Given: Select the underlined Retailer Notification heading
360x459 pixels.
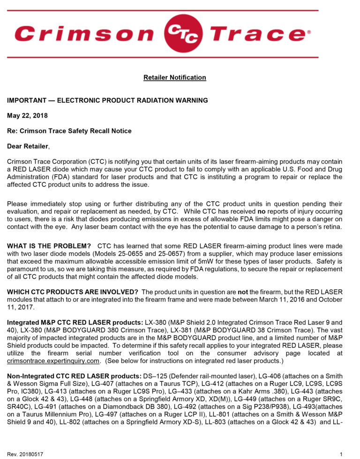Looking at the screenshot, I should (174, 77).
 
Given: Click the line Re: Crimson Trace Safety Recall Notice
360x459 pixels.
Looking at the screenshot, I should (69, 131).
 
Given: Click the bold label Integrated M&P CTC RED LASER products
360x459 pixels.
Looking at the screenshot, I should (73, 322).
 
